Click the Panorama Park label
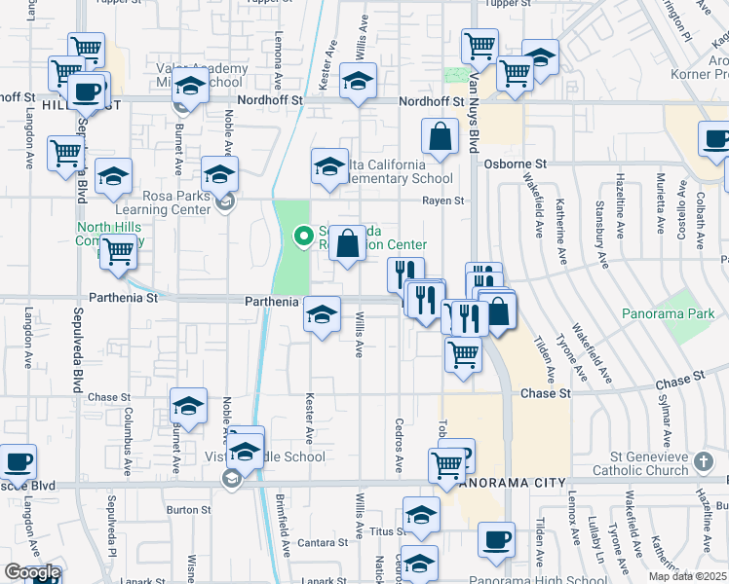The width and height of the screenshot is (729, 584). [669, 313]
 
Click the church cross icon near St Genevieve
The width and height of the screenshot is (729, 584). [705, 458]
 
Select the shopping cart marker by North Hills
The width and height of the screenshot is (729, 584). [119, 250]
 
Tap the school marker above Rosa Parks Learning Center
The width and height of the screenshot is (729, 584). [220, 175]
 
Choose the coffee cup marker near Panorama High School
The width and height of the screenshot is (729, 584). [497, 537]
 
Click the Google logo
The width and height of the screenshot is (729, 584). [31, 573]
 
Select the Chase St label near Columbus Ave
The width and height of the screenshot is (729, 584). [108, 397]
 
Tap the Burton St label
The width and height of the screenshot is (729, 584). [188, 509]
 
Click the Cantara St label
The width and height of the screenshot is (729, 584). [322, 542]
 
